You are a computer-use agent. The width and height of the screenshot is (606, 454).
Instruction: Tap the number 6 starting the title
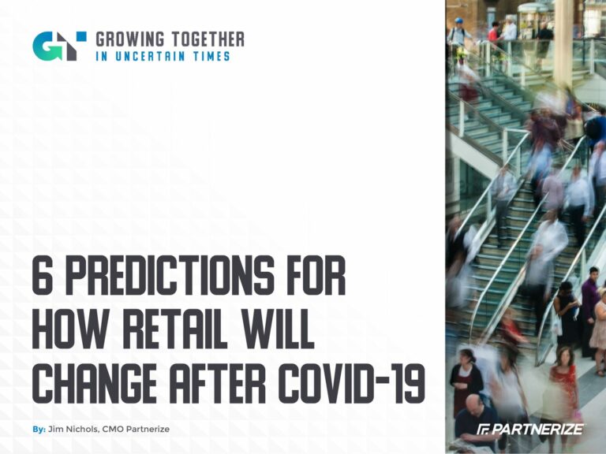(x=42, y=276)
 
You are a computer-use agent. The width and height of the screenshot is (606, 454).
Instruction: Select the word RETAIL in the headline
(x=177, y=329)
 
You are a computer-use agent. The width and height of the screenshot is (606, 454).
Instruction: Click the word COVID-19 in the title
(x=352, y=383)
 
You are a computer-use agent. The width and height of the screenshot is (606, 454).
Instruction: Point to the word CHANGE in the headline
(x=95, y=383)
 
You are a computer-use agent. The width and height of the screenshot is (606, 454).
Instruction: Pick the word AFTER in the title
(x=218, y=383)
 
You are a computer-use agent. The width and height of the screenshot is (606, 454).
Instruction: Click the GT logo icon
(x=59, y=46)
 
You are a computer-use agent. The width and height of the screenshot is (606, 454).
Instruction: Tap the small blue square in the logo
(x=81, y=36)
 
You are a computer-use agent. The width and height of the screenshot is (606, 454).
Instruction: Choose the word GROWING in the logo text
(x=130, y=39)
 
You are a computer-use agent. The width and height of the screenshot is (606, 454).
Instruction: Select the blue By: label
(x=39, y=430)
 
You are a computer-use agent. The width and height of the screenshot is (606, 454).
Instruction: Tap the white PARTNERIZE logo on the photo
(x=530, y=429)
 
